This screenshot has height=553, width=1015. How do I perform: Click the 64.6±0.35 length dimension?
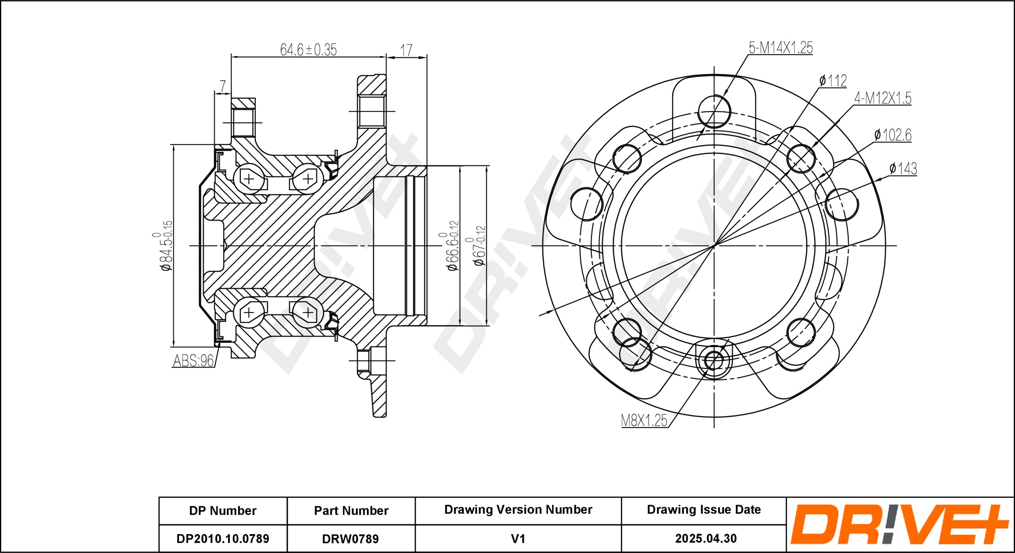click(308, 49)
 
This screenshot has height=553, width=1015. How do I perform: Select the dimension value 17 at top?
click(406, 50)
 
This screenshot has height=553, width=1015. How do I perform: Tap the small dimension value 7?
click(222, 86)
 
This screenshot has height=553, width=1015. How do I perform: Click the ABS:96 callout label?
click(193, 360)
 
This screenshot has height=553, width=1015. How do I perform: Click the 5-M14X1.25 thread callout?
click(781, 48)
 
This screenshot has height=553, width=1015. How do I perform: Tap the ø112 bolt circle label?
click(833, 81)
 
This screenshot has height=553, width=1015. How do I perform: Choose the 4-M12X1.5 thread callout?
click(883, 98)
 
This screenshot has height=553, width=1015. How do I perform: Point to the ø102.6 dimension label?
click(893, 135)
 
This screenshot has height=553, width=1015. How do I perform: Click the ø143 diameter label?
click(903, 168)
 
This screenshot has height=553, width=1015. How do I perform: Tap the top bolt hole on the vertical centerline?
click(714, 112)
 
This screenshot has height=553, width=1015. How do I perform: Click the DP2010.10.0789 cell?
click(223, 539)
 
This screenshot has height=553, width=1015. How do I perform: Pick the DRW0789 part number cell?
click(350, 539)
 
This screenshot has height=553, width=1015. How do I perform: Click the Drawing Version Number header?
click(518, 510)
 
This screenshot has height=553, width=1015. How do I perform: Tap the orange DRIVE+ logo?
click(899, 524)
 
